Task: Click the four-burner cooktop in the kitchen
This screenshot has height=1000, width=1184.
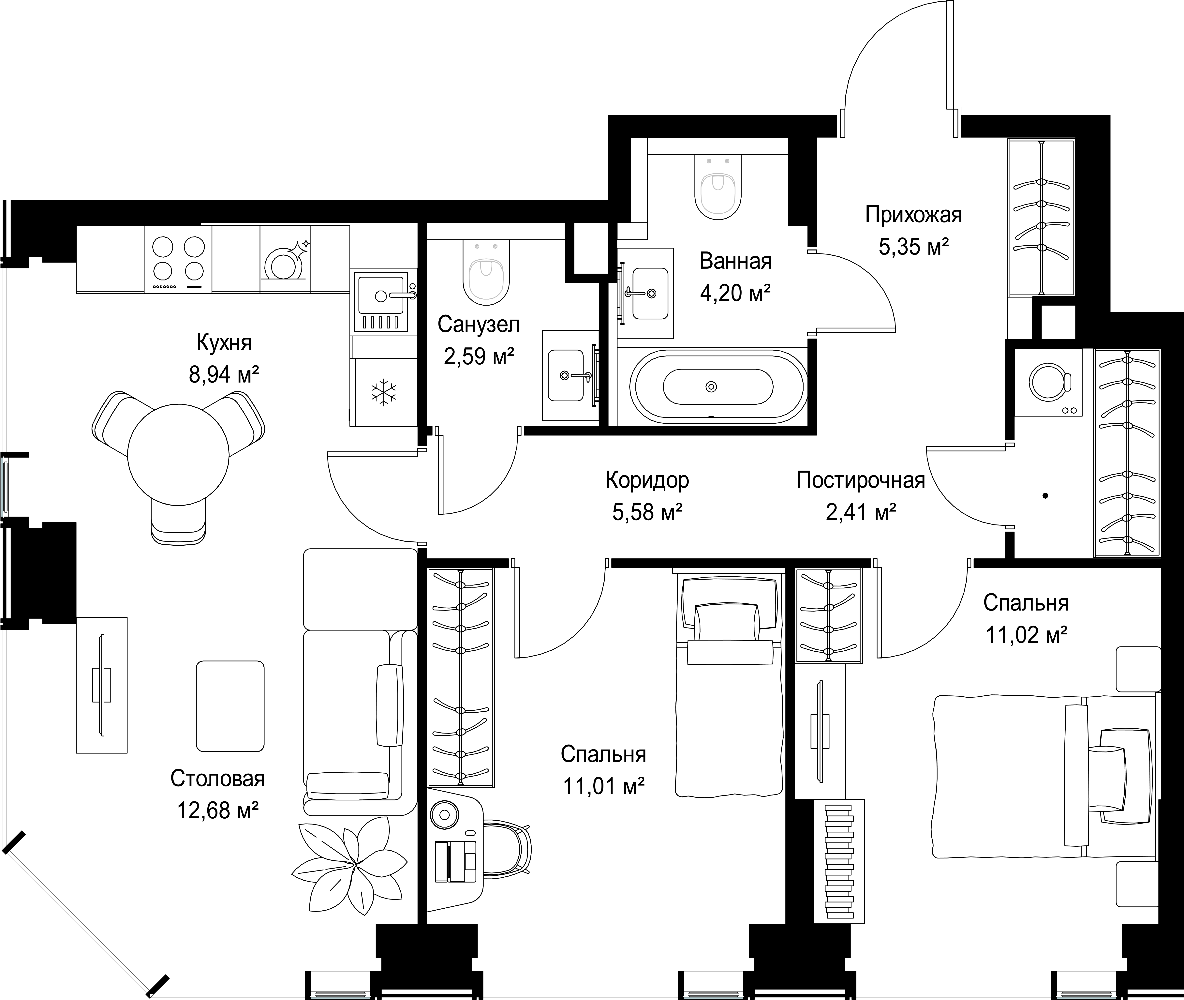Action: pos(178,259)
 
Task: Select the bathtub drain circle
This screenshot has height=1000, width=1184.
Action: pos(711,387)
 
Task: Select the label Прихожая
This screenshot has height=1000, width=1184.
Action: pos(914,215)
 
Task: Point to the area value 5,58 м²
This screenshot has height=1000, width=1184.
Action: pos(647,512)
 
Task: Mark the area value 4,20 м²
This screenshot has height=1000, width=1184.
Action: pos(735,293)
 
